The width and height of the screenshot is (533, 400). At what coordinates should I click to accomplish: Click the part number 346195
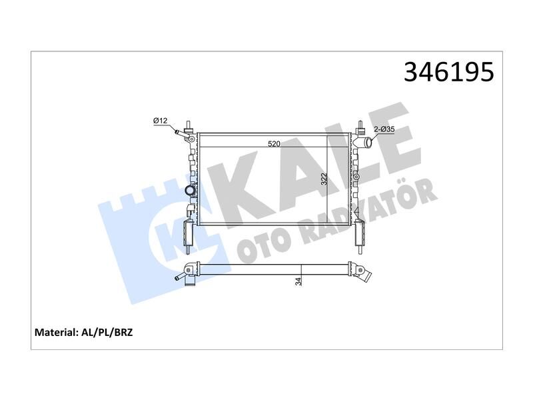coord(448,72)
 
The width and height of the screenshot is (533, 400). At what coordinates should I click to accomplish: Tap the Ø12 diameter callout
coord(160,121)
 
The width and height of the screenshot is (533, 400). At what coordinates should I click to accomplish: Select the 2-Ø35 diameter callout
coord(384,129)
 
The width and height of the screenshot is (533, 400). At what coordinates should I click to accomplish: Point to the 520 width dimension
coord(274,144)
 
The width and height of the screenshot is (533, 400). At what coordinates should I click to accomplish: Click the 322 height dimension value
coord(324,179)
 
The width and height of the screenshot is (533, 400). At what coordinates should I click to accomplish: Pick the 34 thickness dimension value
coord(298,281)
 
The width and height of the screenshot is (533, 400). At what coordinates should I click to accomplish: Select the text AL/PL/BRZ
coord(107,332)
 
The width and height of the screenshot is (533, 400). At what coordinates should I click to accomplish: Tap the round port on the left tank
coord(190,191)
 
